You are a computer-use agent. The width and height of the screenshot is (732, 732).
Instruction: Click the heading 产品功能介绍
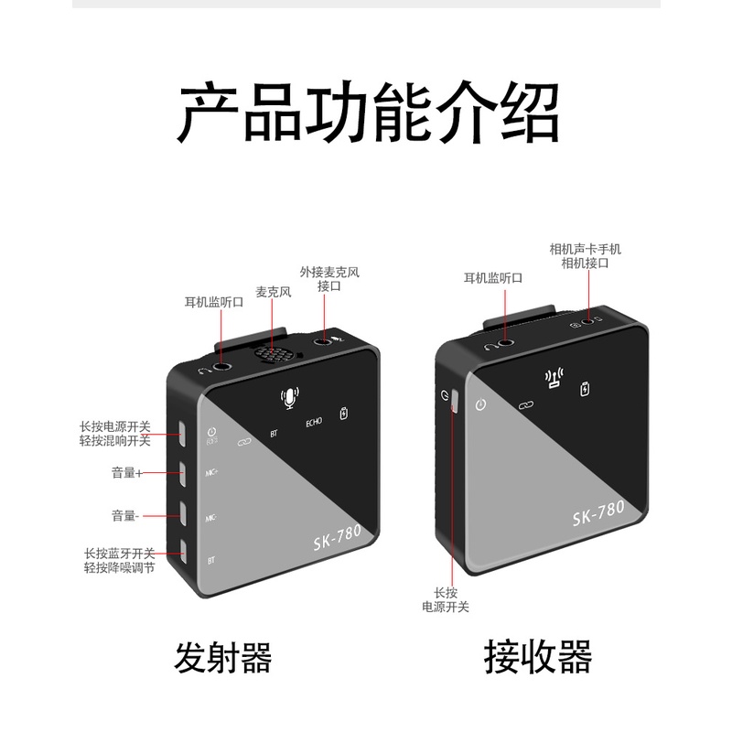point(367,112)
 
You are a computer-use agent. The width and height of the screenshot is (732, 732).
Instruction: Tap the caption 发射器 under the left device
point(222,657)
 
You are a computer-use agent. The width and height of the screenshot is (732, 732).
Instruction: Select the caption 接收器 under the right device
point(538,657)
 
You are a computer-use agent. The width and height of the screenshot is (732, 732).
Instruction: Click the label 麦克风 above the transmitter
point(273,292)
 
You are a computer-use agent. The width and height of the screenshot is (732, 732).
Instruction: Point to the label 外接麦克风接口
point(329,279)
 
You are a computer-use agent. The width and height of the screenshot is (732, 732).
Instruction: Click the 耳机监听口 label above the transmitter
point(214,303)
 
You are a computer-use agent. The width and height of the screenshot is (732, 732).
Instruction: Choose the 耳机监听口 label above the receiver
point(493,278)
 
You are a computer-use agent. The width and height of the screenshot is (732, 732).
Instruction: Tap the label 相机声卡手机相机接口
point(586,256)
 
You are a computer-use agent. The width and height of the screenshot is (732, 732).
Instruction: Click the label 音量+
point(126,473)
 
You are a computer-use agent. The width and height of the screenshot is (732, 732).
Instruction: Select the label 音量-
point(125,516)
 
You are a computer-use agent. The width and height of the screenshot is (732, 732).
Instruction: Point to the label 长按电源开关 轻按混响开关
point(115,434)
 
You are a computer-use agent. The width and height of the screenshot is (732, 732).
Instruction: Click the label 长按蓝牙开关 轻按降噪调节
point(120,561)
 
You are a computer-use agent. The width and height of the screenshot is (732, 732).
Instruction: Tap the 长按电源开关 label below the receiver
point(446,600)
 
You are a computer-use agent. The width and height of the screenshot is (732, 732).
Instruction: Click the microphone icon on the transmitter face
point(290,398)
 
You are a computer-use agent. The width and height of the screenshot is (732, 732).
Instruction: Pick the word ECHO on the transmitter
point(314,422)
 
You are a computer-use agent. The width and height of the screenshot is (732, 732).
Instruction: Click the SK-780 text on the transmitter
point(337,537)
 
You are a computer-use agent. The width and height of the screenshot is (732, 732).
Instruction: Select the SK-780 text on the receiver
point(598,512)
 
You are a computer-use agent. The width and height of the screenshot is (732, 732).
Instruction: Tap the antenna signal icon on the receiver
point(554,378)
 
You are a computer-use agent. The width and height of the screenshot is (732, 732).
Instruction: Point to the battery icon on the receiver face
point(585,388)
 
